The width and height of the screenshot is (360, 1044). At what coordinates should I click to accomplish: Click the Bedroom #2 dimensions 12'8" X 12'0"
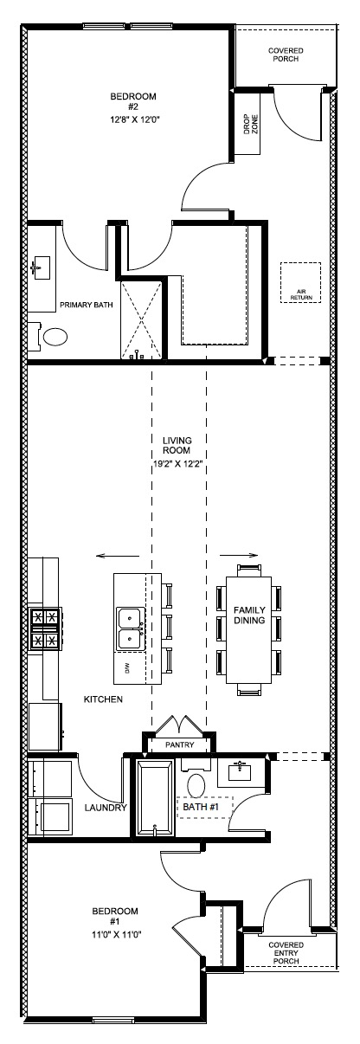coord(135,119)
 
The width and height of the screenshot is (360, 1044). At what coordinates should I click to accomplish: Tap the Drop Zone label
coord(251,125)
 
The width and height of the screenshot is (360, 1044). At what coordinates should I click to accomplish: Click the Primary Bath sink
coord(42,268)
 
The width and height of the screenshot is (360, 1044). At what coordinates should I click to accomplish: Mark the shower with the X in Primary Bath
coord(141,319)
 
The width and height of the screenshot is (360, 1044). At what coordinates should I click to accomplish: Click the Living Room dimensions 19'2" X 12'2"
coord(177,464)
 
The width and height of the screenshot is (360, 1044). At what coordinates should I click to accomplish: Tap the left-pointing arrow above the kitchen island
coord(118,555)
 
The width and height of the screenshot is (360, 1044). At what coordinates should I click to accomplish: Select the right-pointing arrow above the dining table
coord(239,555)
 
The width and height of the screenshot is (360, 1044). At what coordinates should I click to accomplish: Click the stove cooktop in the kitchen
coord(45,628)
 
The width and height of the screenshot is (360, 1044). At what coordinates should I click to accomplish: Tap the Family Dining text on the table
coord(249,615)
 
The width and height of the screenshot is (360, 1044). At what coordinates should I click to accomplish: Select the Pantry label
coord(179,744)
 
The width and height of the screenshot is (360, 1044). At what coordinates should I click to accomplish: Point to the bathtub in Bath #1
coord(154,798)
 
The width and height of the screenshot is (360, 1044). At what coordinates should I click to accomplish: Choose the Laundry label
coord(106,808)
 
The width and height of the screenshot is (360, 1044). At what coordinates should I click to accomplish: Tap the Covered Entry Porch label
coord(286,953)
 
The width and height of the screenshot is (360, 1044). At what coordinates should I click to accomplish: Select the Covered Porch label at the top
coord(286,55)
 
